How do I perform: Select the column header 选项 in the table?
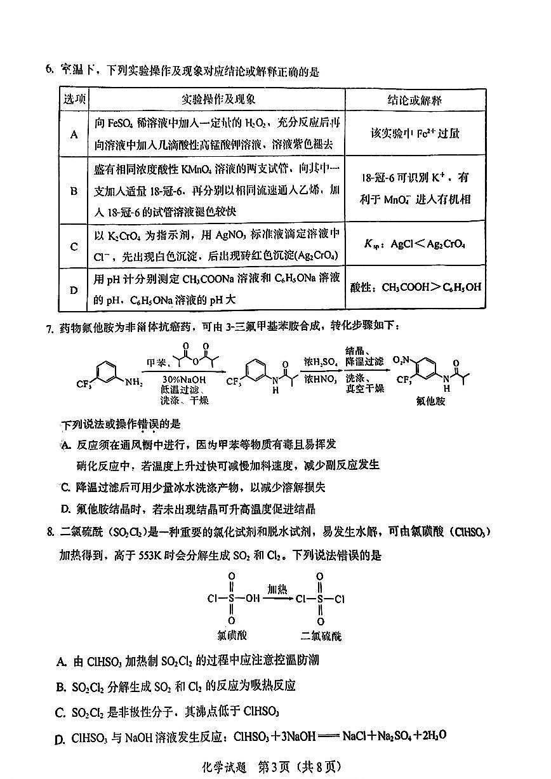click(x=75, y=99)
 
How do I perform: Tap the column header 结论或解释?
click(x=415, y=100)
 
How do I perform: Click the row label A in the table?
click(x=74, y=135)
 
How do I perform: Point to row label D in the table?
click(x=74, y=290)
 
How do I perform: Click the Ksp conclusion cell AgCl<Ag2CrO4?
click(x=415, y=244)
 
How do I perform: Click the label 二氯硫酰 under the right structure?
click(x=321, y=635)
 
